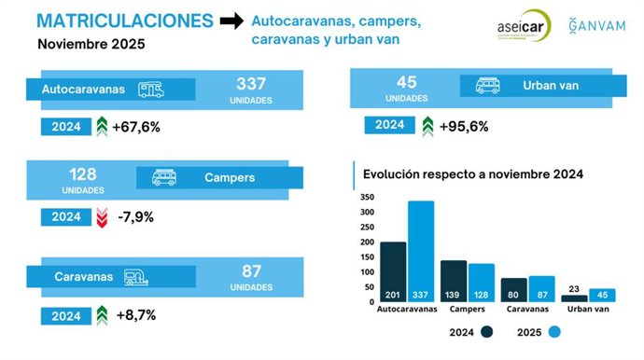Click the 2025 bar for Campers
click(482, 282)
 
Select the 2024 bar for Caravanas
click(513, 289)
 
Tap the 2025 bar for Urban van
click(602, 295)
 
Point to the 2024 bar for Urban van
click(575, 298)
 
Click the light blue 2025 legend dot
click(553, 332)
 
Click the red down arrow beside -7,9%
click(102, 217)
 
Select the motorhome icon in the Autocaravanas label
click(150, 90)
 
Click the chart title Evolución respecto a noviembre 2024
click(473, 174)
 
